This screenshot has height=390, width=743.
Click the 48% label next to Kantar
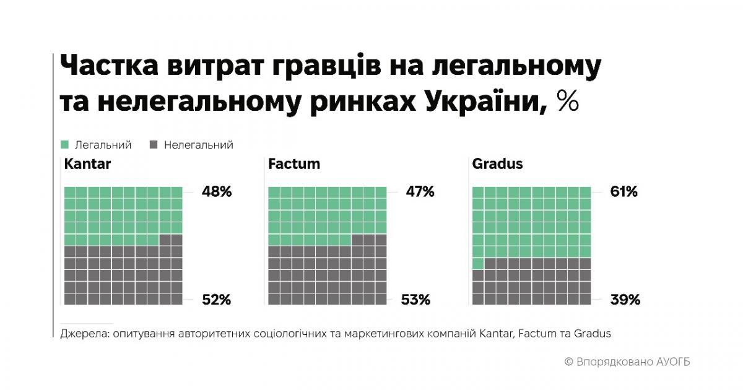(216, 192)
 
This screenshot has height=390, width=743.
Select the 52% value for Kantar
(216, 300)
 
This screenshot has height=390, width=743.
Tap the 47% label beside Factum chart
(419, 192)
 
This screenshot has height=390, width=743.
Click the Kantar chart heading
(87, 164)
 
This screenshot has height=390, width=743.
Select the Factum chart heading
(294, 164)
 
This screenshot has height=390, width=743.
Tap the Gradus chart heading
(497, 164)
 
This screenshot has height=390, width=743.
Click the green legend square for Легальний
(65, 145)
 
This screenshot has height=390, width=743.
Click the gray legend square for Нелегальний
(154, 145)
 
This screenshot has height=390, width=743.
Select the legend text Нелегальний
(198, 145)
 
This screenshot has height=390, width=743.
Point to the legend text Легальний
(103, 145)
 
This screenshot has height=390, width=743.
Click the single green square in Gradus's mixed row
(478, 264)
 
